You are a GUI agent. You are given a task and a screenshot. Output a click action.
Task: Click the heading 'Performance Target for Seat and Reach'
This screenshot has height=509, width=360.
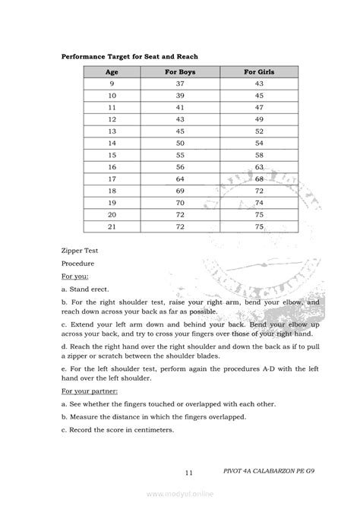pyautogui.click(x=130, y=56)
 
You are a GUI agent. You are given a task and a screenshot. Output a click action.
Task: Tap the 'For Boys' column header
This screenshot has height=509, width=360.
pyautogui.click(x=180, y=71)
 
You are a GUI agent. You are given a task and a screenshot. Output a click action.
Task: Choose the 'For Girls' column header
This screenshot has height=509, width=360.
pyautogui.click(x=259, y=71)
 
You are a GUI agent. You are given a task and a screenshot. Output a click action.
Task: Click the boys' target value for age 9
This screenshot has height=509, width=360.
pyautogui.click(x=180, y=84)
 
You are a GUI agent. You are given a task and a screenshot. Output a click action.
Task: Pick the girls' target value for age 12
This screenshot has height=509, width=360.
pyautogui.click(x=259, y=119)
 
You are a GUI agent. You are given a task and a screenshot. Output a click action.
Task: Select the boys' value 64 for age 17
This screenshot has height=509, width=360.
pyautogui.click(x=180, y=179)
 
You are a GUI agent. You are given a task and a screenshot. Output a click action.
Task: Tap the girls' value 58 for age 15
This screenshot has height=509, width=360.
pyautogui.click(x=259, y=155)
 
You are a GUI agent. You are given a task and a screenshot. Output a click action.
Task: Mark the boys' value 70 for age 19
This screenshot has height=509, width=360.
pyautogui.click(x=180, y=203)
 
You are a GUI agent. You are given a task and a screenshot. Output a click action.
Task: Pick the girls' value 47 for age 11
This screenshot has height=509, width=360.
pyautogui.click(x=259, y=107)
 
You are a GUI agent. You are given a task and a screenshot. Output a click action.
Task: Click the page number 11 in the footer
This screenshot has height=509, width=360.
pyautogui.click(x=187, y=473)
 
